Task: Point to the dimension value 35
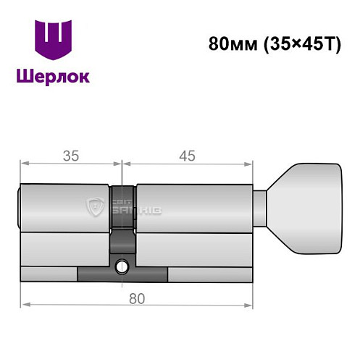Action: point(70,155)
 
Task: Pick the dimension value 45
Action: point(188,155)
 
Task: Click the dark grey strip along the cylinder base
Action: point(122,275)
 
